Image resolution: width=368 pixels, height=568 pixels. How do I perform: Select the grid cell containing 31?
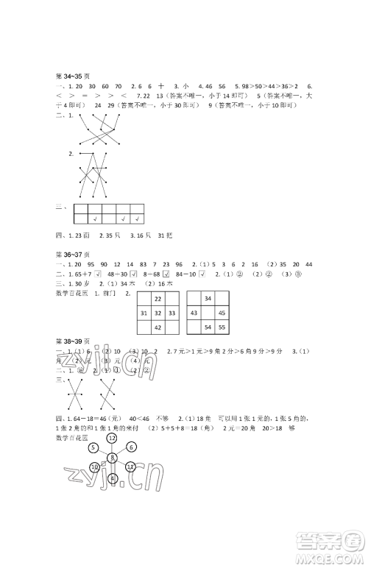click(x=144, y=313)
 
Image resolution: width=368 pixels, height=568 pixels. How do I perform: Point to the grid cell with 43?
click(x=194, y=313)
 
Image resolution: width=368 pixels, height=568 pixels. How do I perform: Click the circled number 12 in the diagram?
click(x=112, y=438)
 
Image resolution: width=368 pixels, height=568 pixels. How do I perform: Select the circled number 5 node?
click(x=93, y=447)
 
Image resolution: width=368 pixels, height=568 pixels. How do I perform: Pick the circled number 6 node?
click(x=130, y=447)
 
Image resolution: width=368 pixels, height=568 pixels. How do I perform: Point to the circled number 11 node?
click(x=130, y=467)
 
